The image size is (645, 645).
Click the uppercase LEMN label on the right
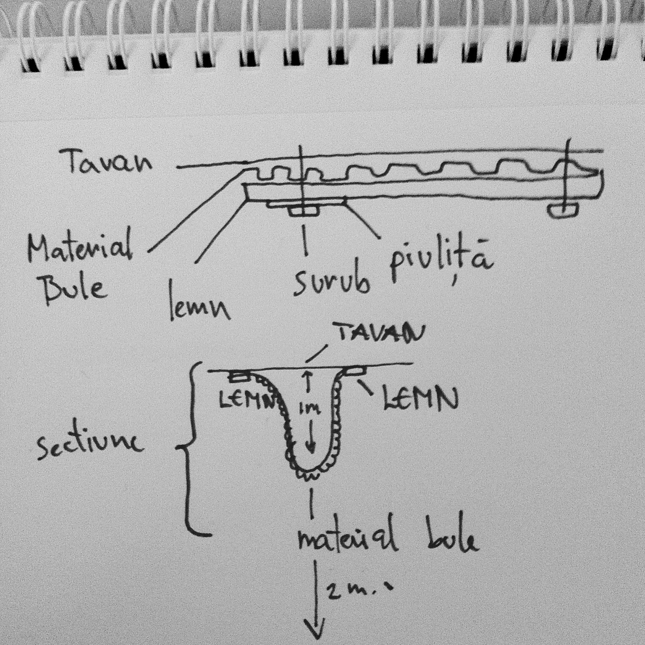pos(420,399)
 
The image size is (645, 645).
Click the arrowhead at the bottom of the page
pos(316,634)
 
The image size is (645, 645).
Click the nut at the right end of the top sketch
pos(564,209)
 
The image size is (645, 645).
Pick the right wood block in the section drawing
pos(355,370)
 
